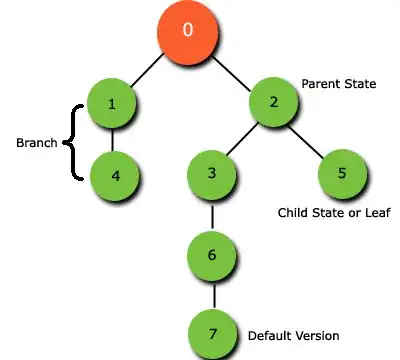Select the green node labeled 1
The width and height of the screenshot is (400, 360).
tap(112, 102)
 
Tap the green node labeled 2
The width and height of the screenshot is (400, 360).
tap(273, 102)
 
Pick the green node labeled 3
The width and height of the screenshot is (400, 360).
tap(212, 174)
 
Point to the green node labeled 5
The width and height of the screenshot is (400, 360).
tap(342, 174)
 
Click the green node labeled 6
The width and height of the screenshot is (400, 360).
tap(212, 255)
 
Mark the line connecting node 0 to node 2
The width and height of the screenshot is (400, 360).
tap(232, 67)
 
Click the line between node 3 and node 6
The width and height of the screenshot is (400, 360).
tap(212, 215)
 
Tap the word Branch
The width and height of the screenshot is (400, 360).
tap(37, 143)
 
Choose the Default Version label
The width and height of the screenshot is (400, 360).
tap(293, 335)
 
